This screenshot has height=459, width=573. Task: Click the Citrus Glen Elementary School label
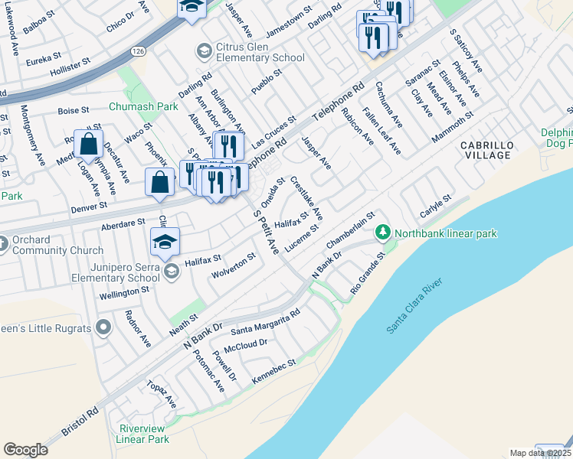coord(250,52)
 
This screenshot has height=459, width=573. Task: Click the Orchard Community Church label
coord(58,245)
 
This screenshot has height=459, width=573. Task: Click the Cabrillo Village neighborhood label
coord(485,150)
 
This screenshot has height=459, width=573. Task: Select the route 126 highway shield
coord(137,50)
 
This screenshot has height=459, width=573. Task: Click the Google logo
coord(25,449)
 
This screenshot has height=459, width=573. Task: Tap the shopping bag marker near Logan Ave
coord(89,143)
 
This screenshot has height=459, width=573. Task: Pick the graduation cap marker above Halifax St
coord(165,242)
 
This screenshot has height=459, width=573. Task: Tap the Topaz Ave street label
coord(163,396)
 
